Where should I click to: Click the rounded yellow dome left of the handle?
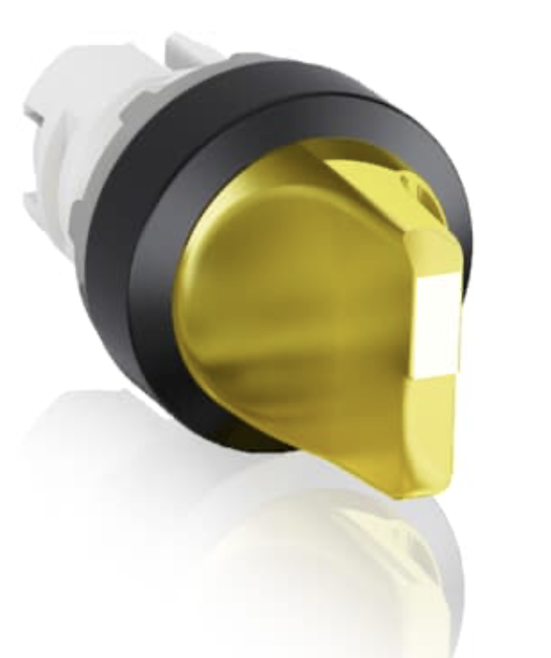252,299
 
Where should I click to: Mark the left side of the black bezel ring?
154,280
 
